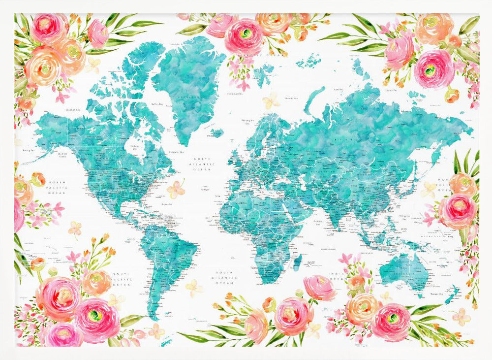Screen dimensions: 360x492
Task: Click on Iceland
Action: tap(218, 132)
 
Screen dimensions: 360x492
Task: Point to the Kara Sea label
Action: tap(338, 90)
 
